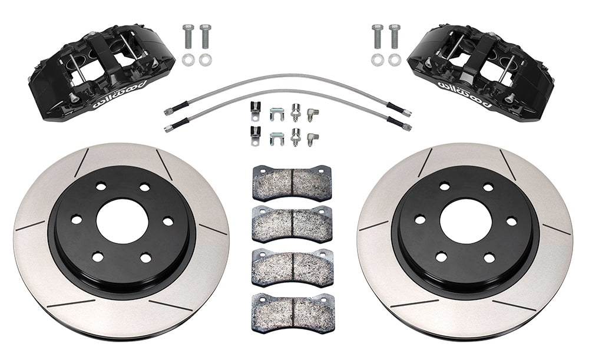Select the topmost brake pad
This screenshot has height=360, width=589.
292,183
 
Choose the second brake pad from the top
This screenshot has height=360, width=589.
292,224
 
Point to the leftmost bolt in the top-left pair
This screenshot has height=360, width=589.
187,37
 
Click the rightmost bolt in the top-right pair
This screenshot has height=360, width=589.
394,37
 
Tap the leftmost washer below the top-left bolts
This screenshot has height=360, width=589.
187,60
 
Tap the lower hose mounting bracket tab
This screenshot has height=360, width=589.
254,136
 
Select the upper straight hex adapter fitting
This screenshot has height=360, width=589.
295,111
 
